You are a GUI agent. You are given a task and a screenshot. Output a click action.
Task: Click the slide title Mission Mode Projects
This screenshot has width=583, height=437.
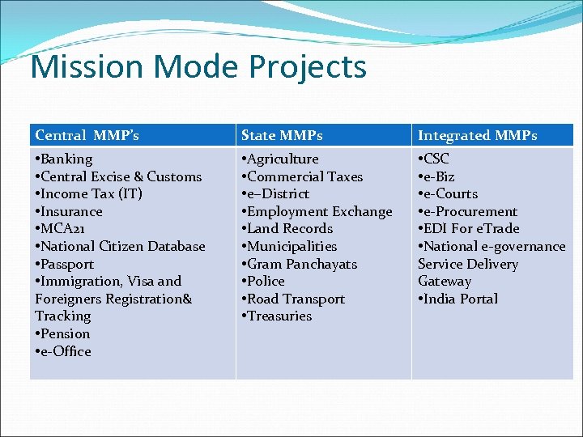coord(198,67)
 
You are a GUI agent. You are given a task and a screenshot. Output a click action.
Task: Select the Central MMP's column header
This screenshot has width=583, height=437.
coord(87,135)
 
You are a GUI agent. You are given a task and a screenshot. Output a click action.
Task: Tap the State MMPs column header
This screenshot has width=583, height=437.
coord(282,135)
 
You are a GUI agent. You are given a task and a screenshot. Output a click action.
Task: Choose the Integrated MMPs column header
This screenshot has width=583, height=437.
coord(477,135)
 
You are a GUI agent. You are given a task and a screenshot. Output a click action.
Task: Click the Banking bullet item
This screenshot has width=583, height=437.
coord(66,159)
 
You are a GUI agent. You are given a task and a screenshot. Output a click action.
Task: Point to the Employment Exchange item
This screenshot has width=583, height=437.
coord(318,211)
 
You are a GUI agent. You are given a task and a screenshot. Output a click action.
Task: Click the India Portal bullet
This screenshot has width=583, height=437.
coord(460,299)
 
